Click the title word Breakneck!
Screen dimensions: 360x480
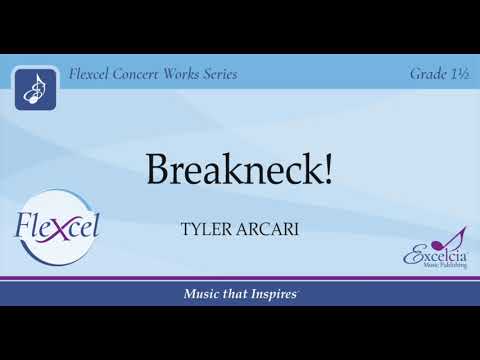239,169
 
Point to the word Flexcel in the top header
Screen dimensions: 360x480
92,74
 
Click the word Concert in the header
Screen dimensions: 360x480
146,74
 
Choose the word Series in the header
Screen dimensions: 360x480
238,74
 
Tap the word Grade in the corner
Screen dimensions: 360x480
428,74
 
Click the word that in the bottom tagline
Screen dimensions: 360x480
238,293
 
